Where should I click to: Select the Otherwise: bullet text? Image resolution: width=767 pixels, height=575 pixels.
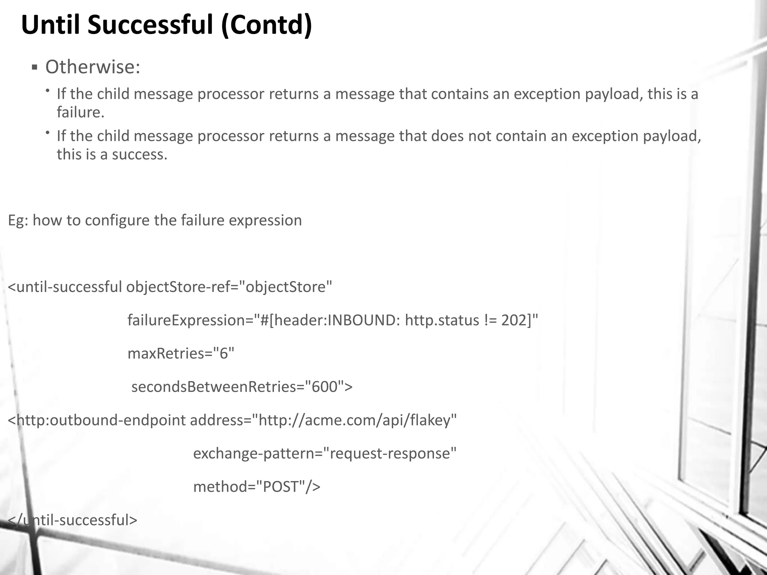[93, 67]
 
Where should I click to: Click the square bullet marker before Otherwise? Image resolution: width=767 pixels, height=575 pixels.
[34, 68]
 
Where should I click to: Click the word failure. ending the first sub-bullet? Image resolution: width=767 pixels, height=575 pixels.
[80, 112]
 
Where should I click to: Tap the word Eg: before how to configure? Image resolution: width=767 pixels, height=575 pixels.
[18, 220]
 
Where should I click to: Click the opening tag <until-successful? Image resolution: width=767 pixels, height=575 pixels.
[65, 287]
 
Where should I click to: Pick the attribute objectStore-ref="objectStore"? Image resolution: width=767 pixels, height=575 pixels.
[229, 287]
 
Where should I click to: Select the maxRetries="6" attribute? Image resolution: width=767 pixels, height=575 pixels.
[181, 353]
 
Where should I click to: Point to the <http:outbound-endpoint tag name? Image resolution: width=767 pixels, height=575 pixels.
[97, 420]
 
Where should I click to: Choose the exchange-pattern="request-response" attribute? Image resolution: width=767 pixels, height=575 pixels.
[325, 453]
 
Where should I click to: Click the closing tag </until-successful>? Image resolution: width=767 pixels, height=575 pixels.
[73, 520]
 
